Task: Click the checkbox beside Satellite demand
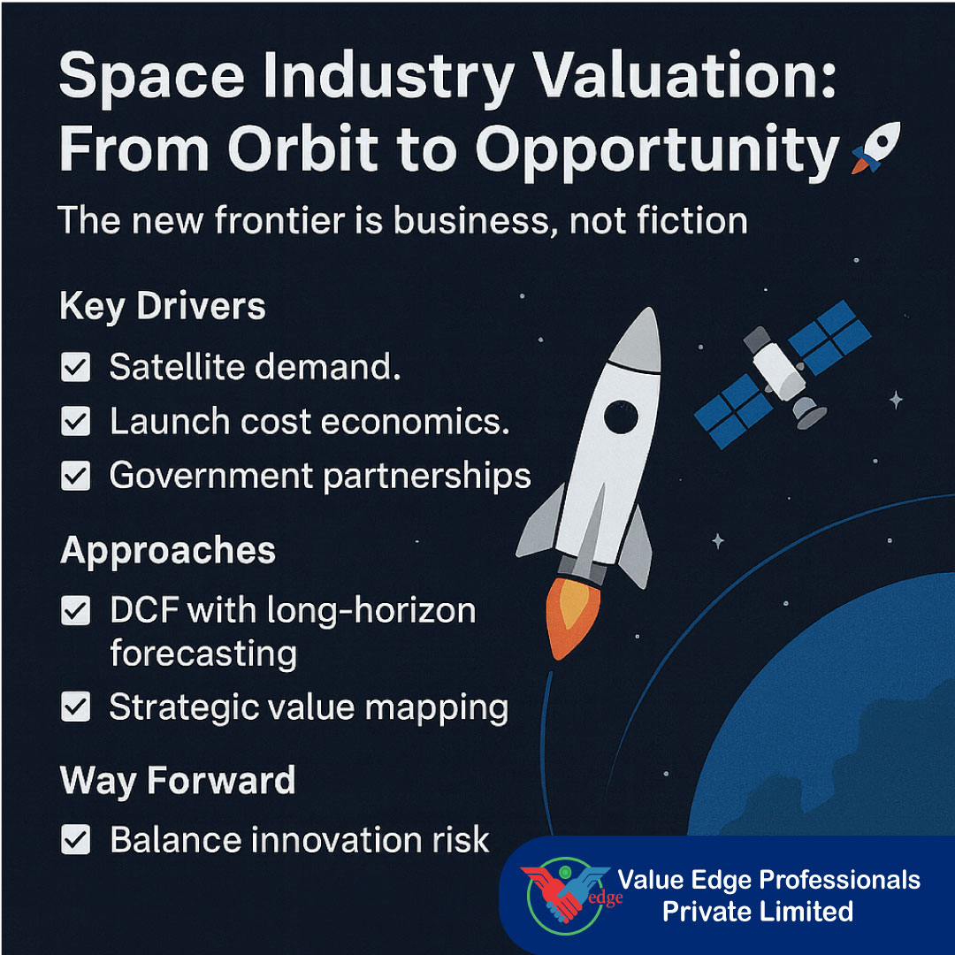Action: (75, 367)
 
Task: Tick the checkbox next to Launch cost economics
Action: (75, 422)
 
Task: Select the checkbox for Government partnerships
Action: (75, 477)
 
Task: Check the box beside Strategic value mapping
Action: (75, 707)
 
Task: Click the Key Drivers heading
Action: (162, 307)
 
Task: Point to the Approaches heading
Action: (168, 551)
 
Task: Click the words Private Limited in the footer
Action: (758, 912)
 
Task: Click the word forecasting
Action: (202, 655)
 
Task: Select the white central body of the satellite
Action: (778, 371)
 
